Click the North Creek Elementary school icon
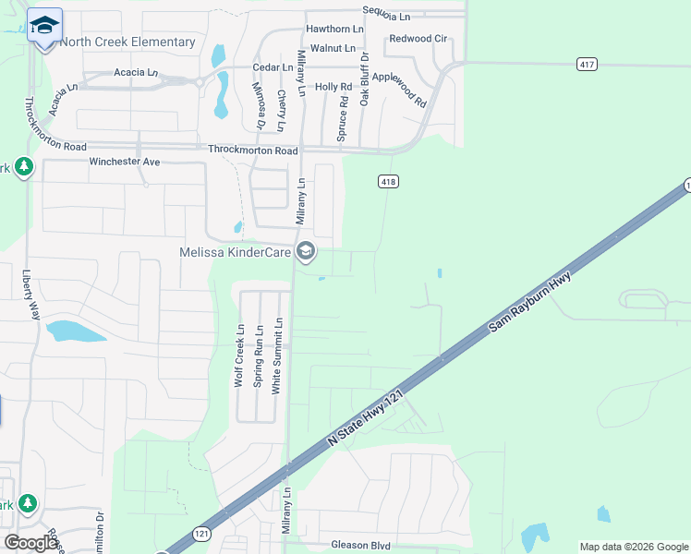click(x=44, y=27)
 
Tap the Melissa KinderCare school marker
click(x=306, y=250)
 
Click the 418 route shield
click(x=388, y=182)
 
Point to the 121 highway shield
click(x=201, y=534)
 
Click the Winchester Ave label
click(x=125, y=162)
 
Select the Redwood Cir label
click(x=418, y=39)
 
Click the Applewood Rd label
click(x=406, y=89)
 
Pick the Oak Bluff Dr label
click(x=365, y=78)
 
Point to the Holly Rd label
click(x=333, y=87)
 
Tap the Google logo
click(x=31, y=543)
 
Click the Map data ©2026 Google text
click(x=633, y=547)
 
